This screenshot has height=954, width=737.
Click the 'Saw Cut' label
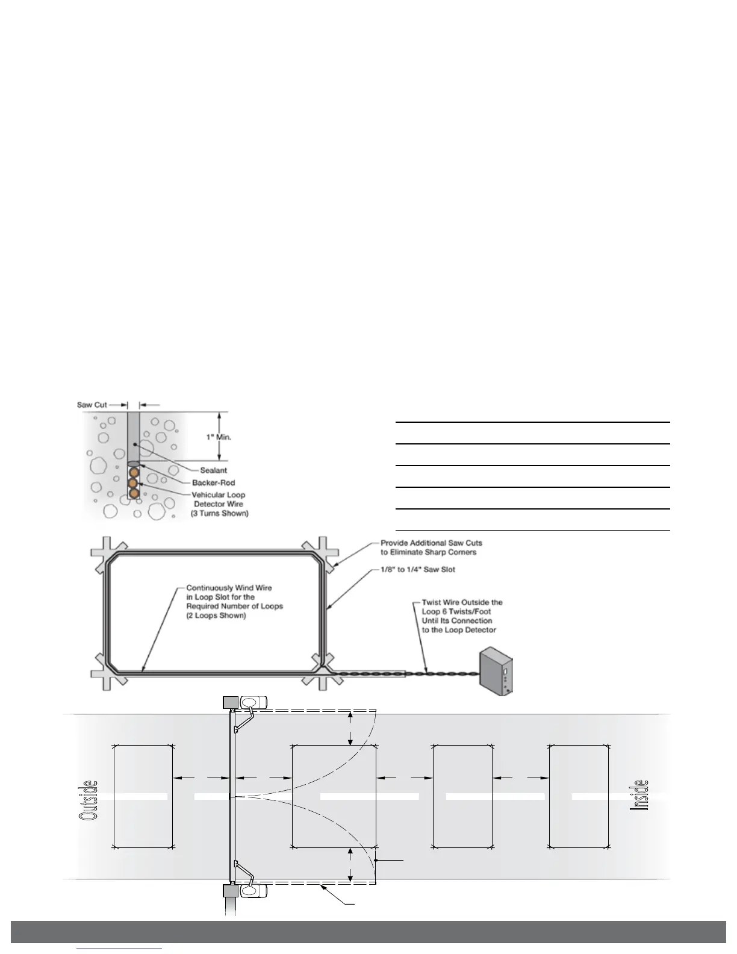point(92,405)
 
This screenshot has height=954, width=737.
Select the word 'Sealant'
point(213,470)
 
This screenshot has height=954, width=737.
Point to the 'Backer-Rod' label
point(213,482)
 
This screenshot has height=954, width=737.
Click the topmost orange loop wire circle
point(134,472)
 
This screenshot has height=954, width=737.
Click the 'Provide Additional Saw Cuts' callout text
point(431,547)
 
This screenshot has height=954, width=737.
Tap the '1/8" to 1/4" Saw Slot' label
point(418,570)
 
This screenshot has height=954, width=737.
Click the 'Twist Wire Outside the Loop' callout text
point(462,616)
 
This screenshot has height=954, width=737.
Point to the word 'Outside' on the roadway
point(88,800)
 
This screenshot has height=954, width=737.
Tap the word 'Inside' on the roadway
point(639,795)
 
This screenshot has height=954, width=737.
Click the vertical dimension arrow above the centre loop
point(350,728)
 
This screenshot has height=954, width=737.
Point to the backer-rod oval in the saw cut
point(134,463)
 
